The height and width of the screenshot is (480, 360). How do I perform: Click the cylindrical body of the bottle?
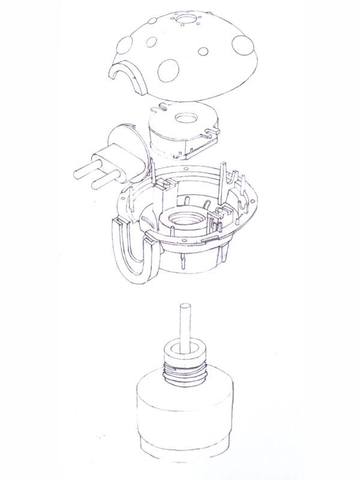tap(183, 414)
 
